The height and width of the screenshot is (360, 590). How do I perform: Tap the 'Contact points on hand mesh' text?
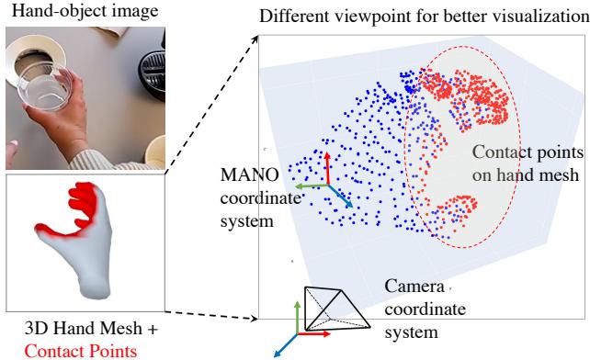pos(525,163)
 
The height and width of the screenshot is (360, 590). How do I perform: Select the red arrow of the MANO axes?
pos(326,166)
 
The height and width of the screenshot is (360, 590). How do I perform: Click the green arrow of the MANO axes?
pos(313,186)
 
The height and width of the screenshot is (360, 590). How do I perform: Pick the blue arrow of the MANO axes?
pos(338,196)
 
